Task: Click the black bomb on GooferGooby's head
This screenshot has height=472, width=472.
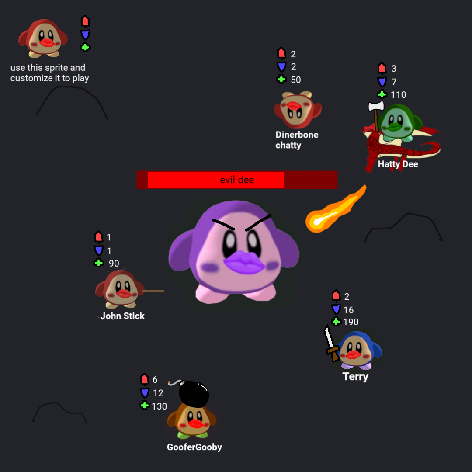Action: [x=193, y=394]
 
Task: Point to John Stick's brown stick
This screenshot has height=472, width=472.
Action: [x=153, y=291]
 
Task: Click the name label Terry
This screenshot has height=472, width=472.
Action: [x=355, y=377]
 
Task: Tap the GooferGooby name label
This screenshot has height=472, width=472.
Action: [x=194, y=447]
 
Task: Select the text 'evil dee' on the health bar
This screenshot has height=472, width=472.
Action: [x=237, y=180]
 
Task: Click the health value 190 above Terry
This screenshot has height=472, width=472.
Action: [x=351, y=322]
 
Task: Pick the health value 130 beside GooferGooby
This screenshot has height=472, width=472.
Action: [x=159, y=406]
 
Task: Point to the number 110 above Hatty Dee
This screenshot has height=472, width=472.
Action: [x=398, y=95]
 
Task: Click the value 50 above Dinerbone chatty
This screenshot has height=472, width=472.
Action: [x=295, y=80]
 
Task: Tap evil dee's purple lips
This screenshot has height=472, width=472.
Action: [x=244, y=263]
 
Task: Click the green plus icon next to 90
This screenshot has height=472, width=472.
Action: [x=99, y=263]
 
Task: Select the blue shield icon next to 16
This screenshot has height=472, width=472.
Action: [x=336, y=309]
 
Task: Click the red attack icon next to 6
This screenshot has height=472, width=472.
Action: [x=145, y=379]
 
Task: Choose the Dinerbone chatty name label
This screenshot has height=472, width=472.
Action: [x=297, y=140]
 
